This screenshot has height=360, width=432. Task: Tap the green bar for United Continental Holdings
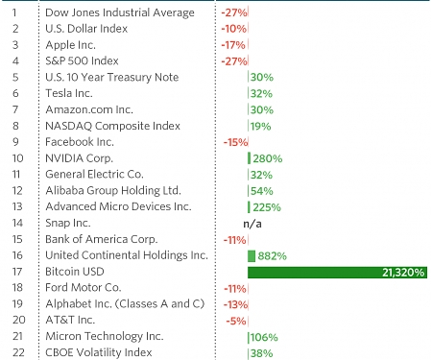pyautogui.click(x=252, y=255)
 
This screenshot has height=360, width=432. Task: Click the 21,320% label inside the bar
pyautogui.click(x=402, y=272)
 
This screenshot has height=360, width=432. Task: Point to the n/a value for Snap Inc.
pyautogui.click(x=252, y=223)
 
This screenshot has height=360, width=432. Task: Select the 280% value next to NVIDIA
pyautogui.click(x=268, y=157)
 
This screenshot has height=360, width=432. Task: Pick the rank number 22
pyautogui.click(x=15, y=352)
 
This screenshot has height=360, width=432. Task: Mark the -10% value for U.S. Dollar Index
pyautogui.click(x=232, y=29)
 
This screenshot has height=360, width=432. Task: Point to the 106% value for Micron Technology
pyautogui.click(x=265, y=337)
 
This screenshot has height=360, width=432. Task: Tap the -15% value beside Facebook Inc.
pyautogui.click(x=234, y=142)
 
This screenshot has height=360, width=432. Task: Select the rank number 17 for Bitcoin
pyautogui.click(x=15, y=272)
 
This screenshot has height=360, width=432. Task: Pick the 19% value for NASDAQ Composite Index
pyautogui.click(x=260, y=126)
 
